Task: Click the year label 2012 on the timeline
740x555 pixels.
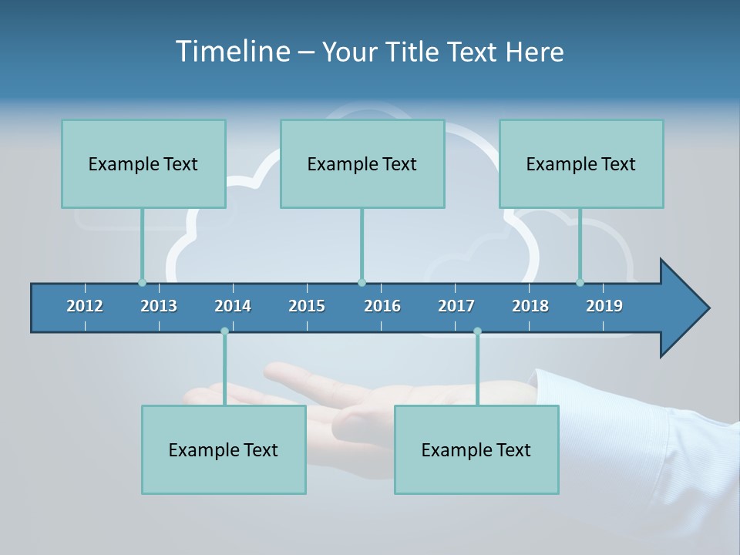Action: (x=85, y=306)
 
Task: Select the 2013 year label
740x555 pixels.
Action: (x=159, y=306)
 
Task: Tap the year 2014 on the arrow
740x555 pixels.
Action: (x=233, y=306)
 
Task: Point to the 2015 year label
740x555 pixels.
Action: (x=307, y=306)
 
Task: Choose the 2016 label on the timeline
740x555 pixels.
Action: (x=382, y=306)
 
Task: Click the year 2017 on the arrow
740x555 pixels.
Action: (x=456, y=306)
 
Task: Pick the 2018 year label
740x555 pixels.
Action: (x=530, y=306)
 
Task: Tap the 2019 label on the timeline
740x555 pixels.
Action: (x=604, y=306)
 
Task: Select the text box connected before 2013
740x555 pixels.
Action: (x=143, y=164)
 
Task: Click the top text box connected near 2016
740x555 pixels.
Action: (x=362, y=164)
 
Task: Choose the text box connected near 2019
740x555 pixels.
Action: (x=581, y=164)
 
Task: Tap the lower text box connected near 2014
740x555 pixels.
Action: (x=224, y=449)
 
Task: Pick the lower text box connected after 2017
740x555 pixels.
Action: (x=476, y=449)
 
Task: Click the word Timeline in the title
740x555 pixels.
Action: (x=232, y=52)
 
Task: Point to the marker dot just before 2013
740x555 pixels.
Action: (x=142, y=282)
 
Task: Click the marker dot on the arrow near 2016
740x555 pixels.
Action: (x=362, y=282)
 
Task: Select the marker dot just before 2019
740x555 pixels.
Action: (x=580, y=282)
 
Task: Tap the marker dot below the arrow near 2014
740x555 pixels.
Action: (x=224, y=331)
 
